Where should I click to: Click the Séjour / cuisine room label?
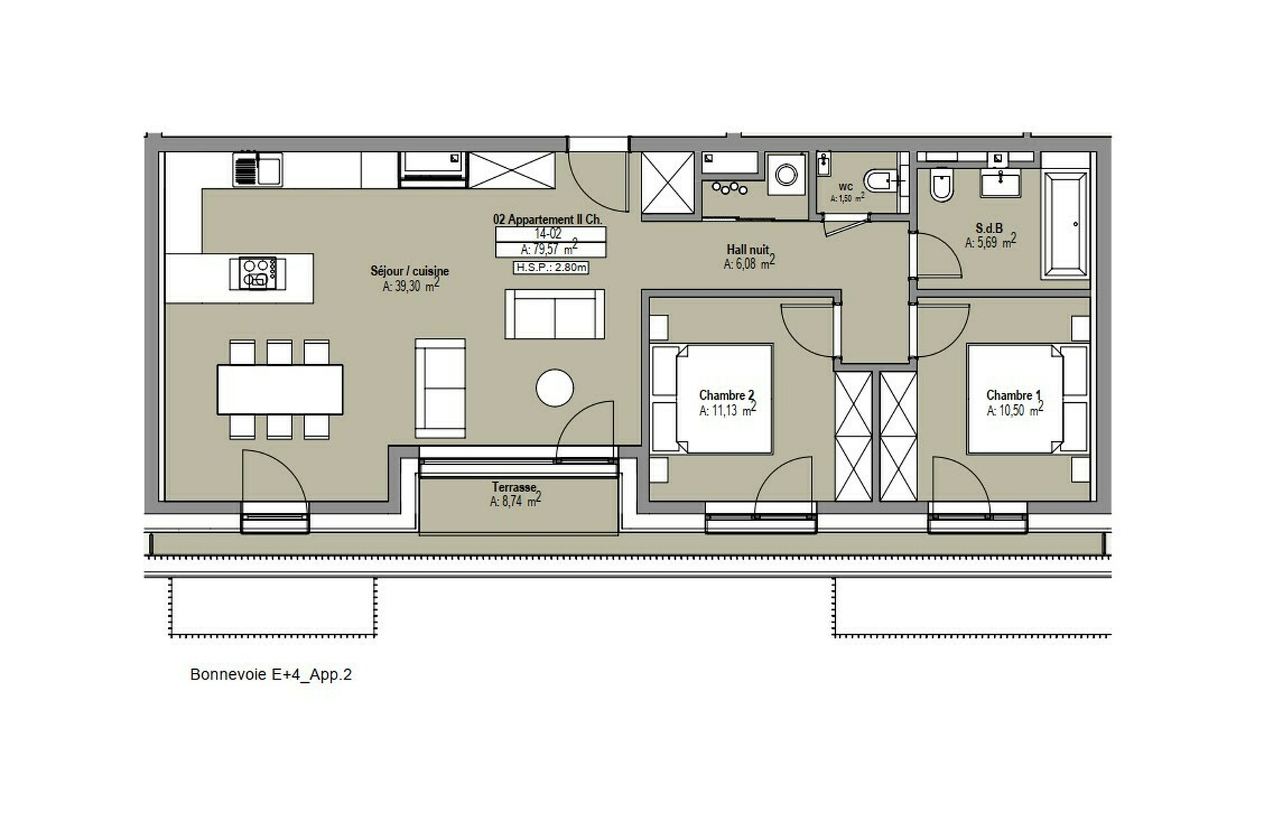tap(409, 271)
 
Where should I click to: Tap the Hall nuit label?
tap(748, 250)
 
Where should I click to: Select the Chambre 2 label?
tap(727, 395)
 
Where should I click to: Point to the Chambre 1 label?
tap(1014, 395)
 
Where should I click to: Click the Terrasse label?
tap(514, 487)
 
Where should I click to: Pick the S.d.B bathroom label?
tap(989, 228)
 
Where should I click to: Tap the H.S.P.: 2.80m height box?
tap(551, 267)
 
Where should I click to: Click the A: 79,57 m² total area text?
tap(549, 249)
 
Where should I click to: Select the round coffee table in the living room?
tap(555, 388)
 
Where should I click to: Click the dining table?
tap(280, 389)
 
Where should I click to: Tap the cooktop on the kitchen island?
tap(258, 273)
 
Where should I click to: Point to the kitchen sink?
tap(258, 170)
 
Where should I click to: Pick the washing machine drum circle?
tap(786, 175)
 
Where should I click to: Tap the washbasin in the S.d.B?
tap(1001, 182)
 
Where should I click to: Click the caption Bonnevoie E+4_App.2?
tap(271, 674)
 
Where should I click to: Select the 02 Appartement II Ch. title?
tap(547, 219)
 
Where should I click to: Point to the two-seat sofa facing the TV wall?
tap(555, 314)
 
